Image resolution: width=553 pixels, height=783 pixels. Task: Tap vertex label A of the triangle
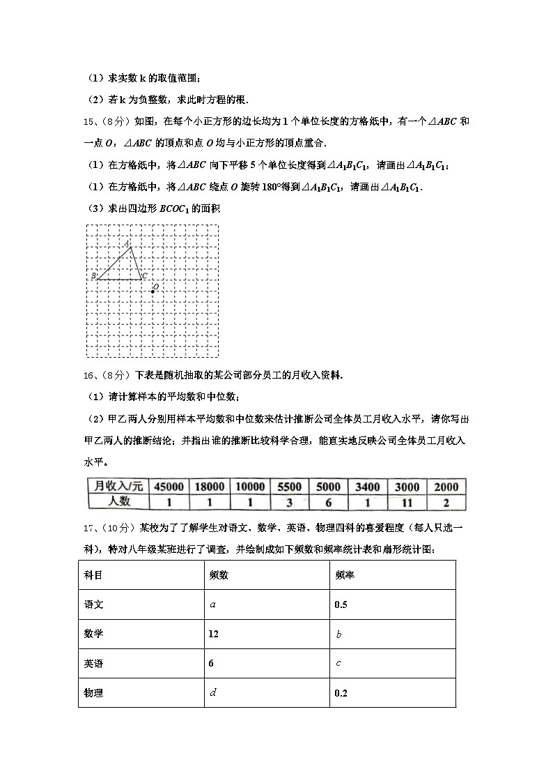pyautogui.click(x=127, y=243)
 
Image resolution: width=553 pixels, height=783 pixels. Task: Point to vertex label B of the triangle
pyautogui.click(x=93, y=277)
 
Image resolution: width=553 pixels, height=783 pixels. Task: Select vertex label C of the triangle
pyautogui.click(x=144, y=277)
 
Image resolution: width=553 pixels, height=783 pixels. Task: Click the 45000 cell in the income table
pyautogui.click(x=169, y=487)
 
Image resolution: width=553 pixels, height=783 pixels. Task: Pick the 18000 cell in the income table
pyautogui.click(x=210, y=487)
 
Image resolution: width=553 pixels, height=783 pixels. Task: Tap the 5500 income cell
pyautogui.click(x=289, y=487)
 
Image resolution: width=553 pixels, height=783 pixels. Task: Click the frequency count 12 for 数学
pyautogui.click(x=213, y=634)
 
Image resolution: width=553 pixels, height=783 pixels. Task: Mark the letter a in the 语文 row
pyautogui.click(x=212, y=605)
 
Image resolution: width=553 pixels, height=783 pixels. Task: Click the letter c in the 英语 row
pyautogui.click(x=338, y=663)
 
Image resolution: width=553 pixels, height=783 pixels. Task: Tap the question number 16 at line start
pyautogui.click(x=88, y=375)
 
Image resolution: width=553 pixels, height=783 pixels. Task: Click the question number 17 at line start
pyautogui.click(x=88, y=528)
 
